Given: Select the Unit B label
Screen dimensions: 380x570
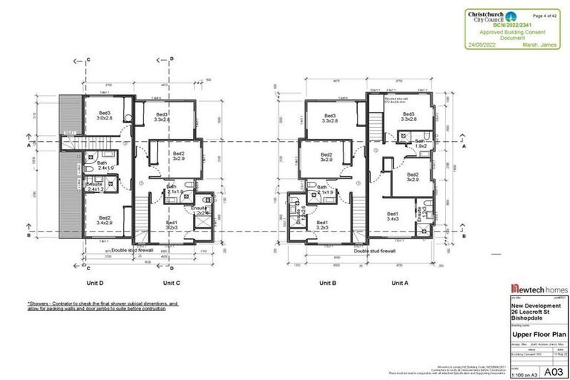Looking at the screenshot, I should click(x=329, y=283).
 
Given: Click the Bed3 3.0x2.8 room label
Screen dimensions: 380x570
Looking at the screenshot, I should click(x=105, y=116).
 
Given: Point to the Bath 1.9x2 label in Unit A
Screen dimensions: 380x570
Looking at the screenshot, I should click(x=420, y=143).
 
